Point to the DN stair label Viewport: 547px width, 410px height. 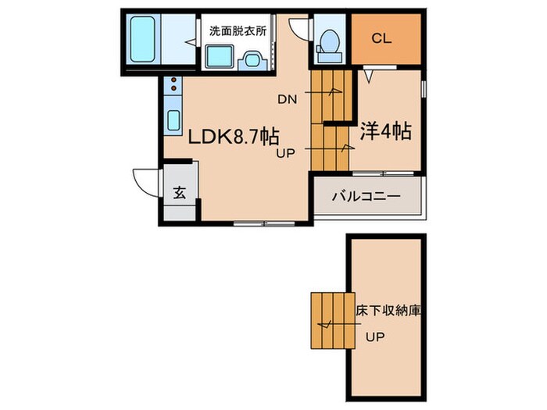288,99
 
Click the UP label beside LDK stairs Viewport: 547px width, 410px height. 284,154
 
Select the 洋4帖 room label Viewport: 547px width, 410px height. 385,131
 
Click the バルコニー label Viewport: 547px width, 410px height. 367,196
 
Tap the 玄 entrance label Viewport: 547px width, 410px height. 179,193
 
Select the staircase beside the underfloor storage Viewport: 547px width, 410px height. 329,320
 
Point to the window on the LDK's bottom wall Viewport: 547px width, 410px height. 261,224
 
